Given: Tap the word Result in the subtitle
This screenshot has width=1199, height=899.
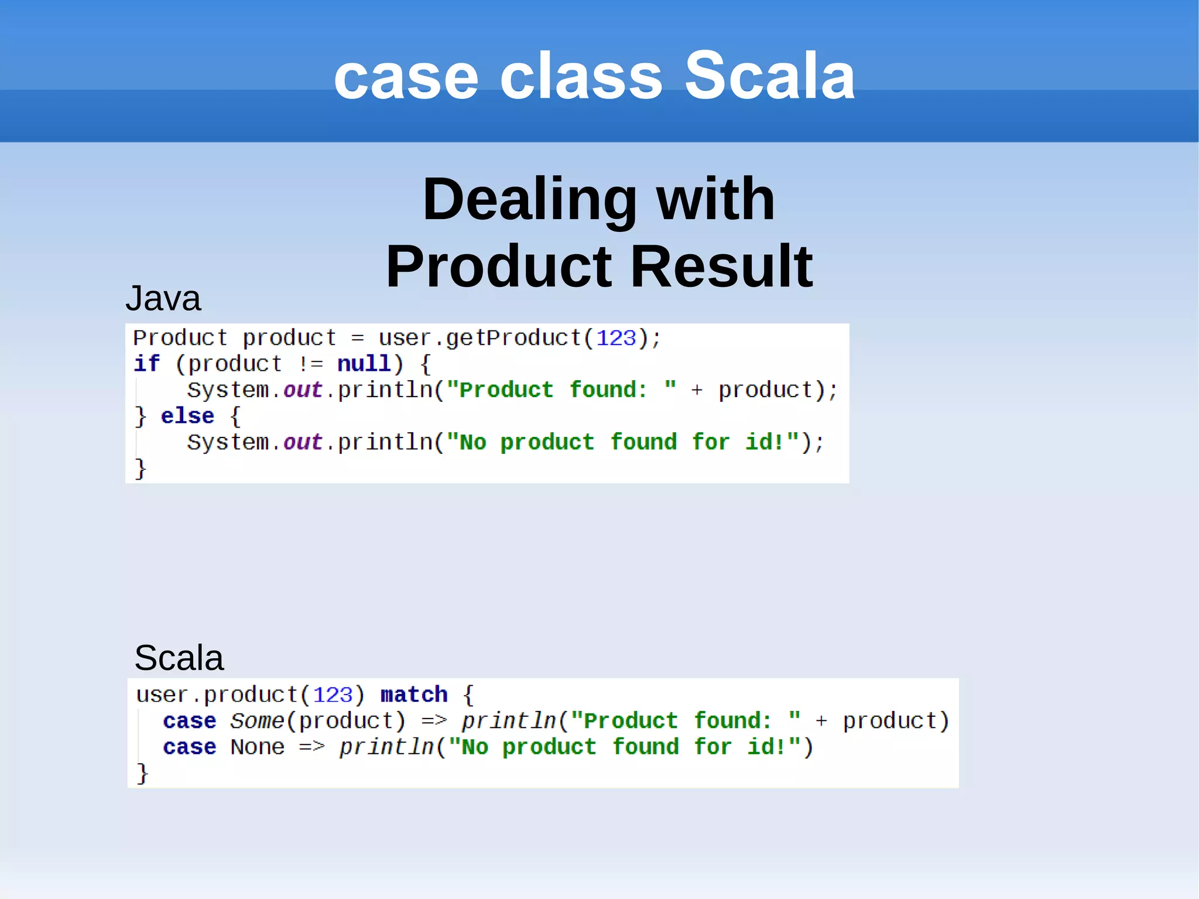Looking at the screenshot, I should (x=721, y=266).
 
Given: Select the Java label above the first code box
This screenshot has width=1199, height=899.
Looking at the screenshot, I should (x=163, y=299).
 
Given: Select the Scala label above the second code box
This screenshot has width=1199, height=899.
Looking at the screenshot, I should (x=179, y=658).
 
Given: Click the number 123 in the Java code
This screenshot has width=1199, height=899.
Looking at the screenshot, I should (x=615, y=339).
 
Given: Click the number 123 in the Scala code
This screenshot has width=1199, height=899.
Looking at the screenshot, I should (x=333, y=695).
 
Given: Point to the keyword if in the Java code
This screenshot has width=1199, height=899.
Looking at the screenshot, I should (x=146, y=364).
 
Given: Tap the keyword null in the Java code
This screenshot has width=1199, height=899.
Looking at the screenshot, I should (x=364, y=364).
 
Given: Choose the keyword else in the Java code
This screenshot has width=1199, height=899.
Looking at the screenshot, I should (x=187, y=416).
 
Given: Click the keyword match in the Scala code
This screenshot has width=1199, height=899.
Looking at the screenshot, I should (x=414, y=695).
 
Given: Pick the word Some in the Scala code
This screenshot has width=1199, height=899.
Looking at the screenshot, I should (x=256, y=721).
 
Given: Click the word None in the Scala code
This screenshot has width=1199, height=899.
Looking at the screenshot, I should (x=257, y=747).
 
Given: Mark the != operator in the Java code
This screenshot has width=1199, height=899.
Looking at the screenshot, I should (x=310, y=364).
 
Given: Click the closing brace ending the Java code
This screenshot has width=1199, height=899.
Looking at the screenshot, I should (x=140, y=469).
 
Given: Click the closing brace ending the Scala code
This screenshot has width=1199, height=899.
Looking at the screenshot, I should (x=142, y=773).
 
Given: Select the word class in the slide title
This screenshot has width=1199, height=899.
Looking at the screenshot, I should (x=581, y=76).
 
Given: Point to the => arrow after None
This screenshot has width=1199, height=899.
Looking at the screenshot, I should (x=311, y=747).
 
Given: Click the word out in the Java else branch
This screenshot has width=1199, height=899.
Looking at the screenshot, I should (x=303, y=442).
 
